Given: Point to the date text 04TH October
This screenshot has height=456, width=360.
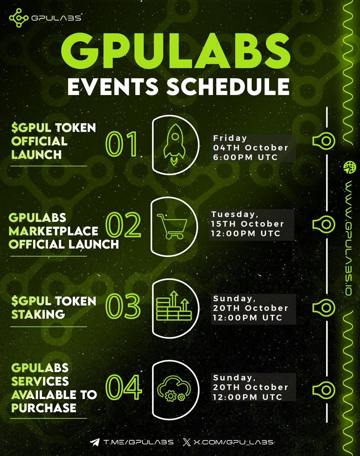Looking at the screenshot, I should point(251,147).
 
